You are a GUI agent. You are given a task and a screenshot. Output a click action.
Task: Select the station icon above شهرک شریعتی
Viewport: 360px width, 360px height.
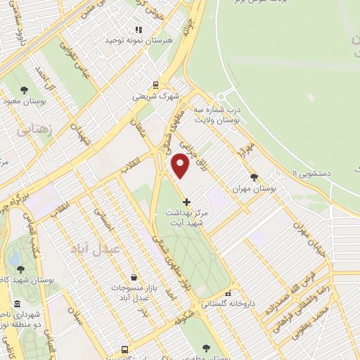[x=155, y=83]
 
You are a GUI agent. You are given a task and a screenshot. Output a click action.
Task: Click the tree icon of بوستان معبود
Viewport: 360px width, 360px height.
[x=25, y=90]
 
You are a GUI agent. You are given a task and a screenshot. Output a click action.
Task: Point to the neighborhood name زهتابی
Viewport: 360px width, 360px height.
[x=32, y=131]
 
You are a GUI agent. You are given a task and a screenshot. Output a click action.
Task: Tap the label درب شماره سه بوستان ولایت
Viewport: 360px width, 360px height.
[x=217, y=117]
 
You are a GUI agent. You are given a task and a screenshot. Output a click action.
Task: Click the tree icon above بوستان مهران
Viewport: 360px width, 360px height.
[x=254, y=177]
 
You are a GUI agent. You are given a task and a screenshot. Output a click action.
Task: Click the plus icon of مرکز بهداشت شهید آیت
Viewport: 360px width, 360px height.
[x=186, y=202]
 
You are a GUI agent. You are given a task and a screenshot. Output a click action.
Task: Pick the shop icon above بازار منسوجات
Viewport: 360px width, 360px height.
[x=134, y=278]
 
